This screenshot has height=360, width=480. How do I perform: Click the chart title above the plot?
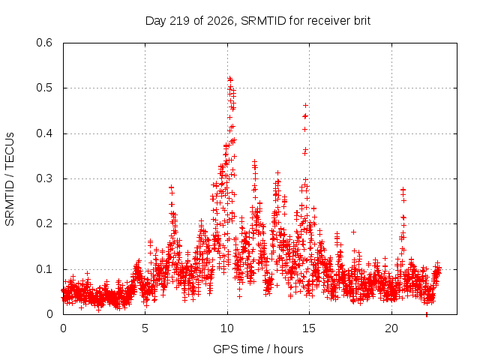point(258,21)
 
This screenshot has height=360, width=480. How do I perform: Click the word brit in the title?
point(362,21)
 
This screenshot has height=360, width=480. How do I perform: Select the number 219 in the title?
point(179,21)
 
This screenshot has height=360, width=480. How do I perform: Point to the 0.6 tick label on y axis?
point(44,43)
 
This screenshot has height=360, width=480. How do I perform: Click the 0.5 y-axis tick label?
point(44,88)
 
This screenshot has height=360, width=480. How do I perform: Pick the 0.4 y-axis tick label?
point(44,133)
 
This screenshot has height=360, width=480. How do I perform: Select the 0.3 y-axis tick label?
point(44,178)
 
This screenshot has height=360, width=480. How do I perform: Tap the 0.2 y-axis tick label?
point(44,223)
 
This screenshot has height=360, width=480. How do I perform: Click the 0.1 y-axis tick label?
point(44,269)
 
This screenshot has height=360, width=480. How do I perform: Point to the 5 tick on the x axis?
point(145,328)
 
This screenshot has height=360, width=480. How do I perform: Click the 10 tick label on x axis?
point(227,328)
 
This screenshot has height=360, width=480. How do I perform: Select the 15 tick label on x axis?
point(309,328)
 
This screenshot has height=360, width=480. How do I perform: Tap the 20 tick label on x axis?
point(391,328)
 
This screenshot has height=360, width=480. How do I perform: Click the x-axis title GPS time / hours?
point(258,349)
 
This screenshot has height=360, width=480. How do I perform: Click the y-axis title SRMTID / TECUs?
point(10,179)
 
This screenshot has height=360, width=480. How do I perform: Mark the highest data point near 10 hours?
point(229,79)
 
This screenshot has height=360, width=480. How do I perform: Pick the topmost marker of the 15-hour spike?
point(305,105)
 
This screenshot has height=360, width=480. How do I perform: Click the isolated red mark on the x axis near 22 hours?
point(427,315)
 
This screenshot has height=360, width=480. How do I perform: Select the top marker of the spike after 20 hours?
point(403,190)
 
